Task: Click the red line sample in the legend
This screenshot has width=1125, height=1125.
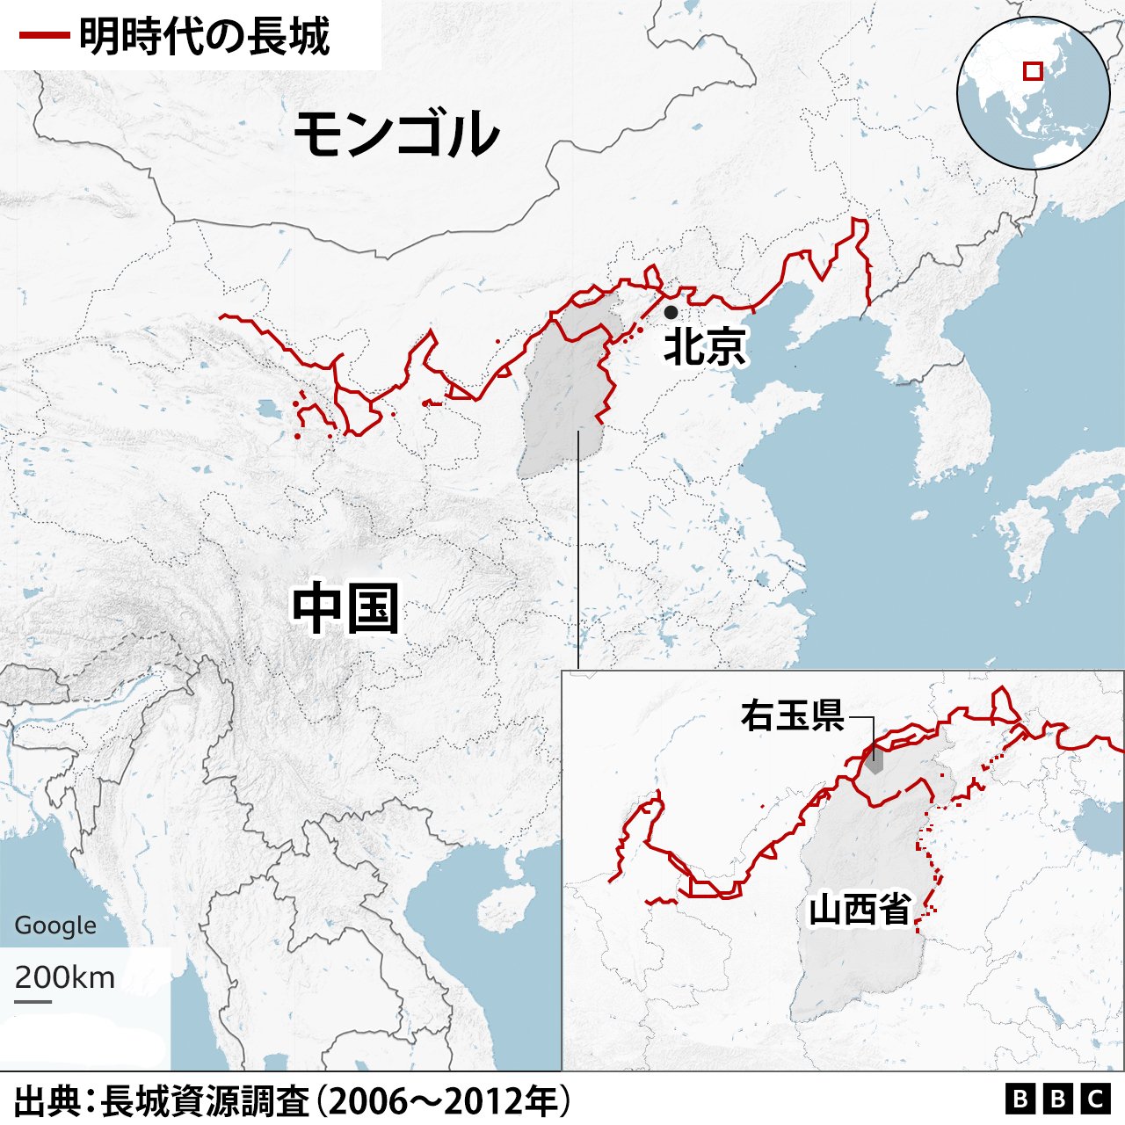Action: coord(44,37)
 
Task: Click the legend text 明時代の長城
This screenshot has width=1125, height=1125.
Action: coord(204,37)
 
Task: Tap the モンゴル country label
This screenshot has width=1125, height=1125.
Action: coord(396,134)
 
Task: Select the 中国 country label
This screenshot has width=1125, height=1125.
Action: coord(345,608)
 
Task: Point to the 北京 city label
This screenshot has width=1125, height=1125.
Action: coord(705,346)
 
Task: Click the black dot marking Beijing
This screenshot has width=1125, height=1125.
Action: coord(671,312)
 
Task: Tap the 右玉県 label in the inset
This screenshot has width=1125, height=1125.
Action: coord(792,715)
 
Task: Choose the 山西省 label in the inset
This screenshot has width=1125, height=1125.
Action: coord(859,909)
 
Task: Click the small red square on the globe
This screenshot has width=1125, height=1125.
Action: coord(1033,70)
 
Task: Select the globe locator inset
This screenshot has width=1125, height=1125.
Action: coord(1033,92)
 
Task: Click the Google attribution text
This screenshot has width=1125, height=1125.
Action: coord(55,925)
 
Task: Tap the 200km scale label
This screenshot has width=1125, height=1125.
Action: coord(64,977)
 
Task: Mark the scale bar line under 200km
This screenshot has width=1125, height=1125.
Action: coord(33,1000)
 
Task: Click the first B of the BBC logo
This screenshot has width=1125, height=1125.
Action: coord(1020,1099)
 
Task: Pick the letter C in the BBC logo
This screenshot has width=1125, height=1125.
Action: coord(1095,1099)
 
